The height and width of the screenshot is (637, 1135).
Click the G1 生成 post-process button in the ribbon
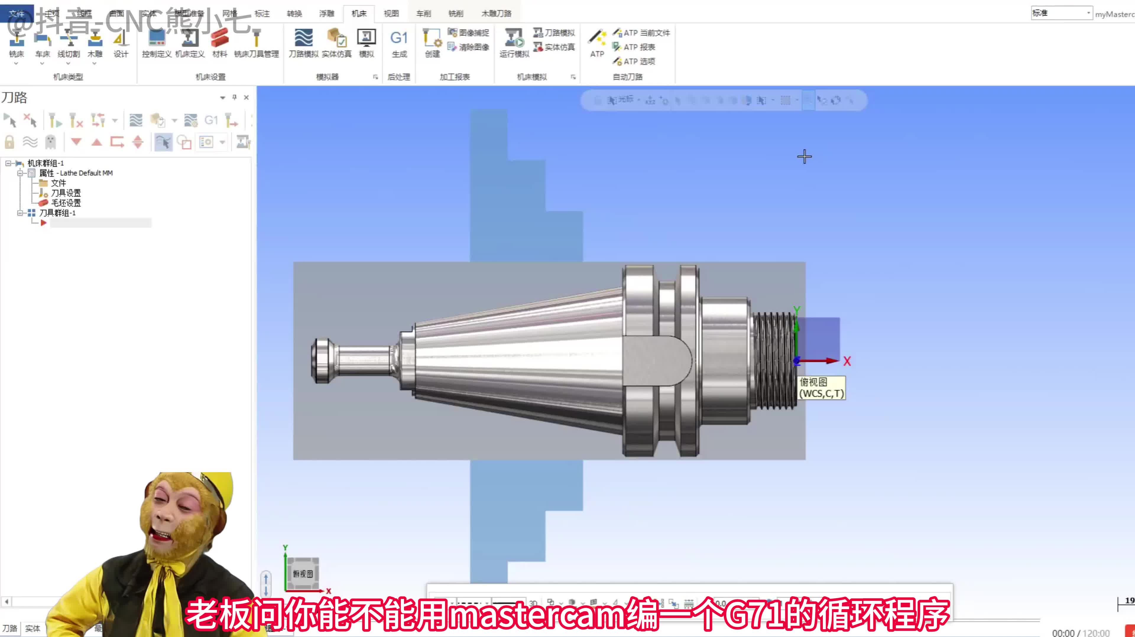point(399,43)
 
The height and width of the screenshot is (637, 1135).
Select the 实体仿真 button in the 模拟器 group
point(337,43)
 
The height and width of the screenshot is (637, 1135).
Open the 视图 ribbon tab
point(391,14)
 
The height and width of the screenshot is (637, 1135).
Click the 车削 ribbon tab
point(424,14)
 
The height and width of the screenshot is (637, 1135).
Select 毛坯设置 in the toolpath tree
point(66,203)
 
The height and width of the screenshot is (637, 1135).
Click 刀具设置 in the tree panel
point(66,193)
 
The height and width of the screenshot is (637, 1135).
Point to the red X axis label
point(847,362)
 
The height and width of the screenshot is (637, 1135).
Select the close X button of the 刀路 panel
point(246,97)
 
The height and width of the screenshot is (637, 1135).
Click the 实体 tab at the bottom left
point(33,628)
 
